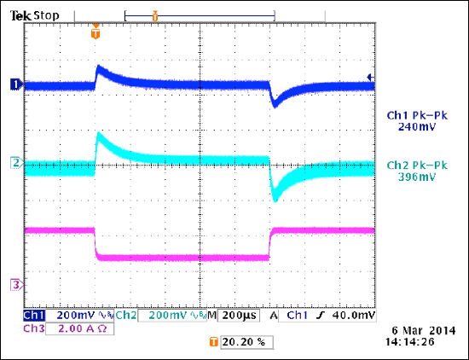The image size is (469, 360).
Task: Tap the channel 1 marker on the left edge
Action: point(14,84)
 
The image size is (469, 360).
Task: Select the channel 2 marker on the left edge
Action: point(14,161)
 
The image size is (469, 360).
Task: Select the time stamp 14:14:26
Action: point(411,342)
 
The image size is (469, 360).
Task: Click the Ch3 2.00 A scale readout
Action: point(68,328)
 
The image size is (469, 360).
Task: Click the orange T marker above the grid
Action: point(96,35)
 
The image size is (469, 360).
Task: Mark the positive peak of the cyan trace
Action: point(99,134)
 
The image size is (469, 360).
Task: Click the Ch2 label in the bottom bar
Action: point(125,316)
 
